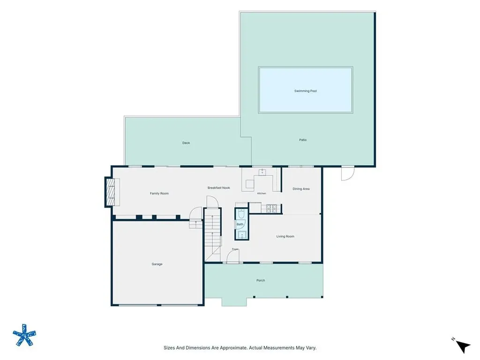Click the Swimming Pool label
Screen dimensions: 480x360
click(x=306, y=91)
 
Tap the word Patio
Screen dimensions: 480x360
click(x=303, y=140)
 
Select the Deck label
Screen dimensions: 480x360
click(x=186, y=143)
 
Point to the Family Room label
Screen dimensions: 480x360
click(x=159, y=194)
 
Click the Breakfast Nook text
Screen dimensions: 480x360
click(x=218, y=187)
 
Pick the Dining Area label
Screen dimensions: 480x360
click(x=301, y=189)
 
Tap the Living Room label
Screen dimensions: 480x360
click(x=285, y=236)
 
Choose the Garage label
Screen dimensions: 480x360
click(x=157, y=264)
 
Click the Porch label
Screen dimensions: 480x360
click(x=261, y=280)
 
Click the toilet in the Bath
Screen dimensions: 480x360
click(x=241, y=214)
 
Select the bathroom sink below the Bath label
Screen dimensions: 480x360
click(x=242, y=235)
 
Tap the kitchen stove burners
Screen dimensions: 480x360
click(x=271, y=208)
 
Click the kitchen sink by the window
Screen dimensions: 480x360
click(x=262, y=172)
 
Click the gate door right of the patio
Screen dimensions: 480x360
click(x=348, y=173)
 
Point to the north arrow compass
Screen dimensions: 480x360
click(x=462, y=345)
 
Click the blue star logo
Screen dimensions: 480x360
click(x=24, y=335)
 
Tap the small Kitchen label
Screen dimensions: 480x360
click(x=262, y=194)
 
